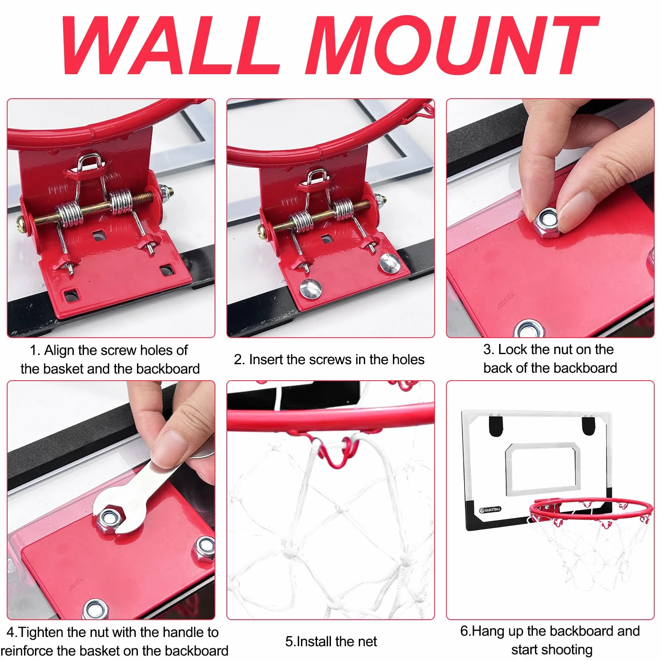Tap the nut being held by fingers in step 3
547,221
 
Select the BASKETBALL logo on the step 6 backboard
490,510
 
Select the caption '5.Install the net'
331,642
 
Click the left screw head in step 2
310,289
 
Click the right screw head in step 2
389,263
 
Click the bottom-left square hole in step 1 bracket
71,295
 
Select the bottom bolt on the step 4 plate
96,609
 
